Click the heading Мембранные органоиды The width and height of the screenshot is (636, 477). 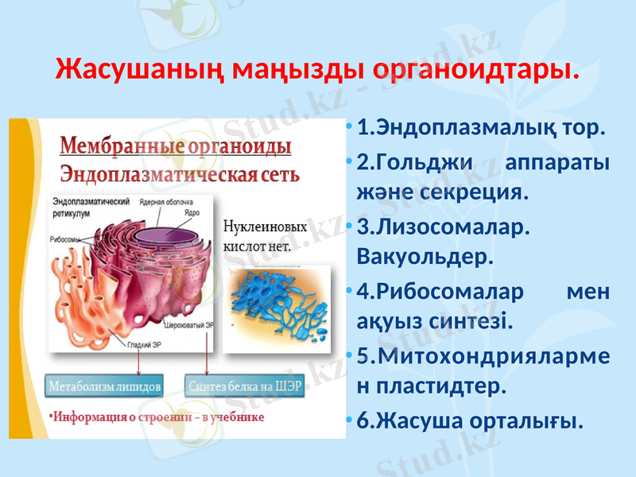pyautogui.click(x=176, y=147)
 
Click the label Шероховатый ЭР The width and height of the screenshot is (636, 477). pyautogui.click(x=189, y=325)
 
